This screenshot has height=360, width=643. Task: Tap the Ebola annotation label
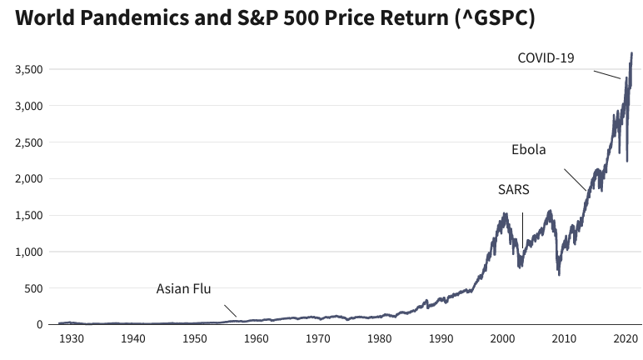pyautogui.click(x=528, y=150)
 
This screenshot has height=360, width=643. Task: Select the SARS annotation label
pyautogui.click(x=514, y=189)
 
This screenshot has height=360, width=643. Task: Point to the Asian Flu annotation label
pyautogui.click(x=184, y=289)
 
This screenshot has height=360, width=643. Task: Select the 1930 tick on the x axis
pyautogui.click(x=71, y=339)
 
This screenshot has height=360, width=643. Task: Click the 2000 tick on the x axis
pyautogui.click(x=502, y=339)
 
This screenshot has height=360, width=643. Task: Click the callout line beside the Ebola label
pyautogui.click(x=575, y=180)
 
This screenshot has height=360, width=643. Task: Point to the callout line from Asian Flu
pyautogui.click(x=227, y=309)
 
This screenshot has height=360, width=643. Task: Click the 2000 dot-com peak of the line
pyautogui.click(x=504, y=214)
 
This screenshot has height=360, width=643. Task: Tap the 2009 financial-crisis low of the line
pyautogui.click(x=559, y=273)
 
